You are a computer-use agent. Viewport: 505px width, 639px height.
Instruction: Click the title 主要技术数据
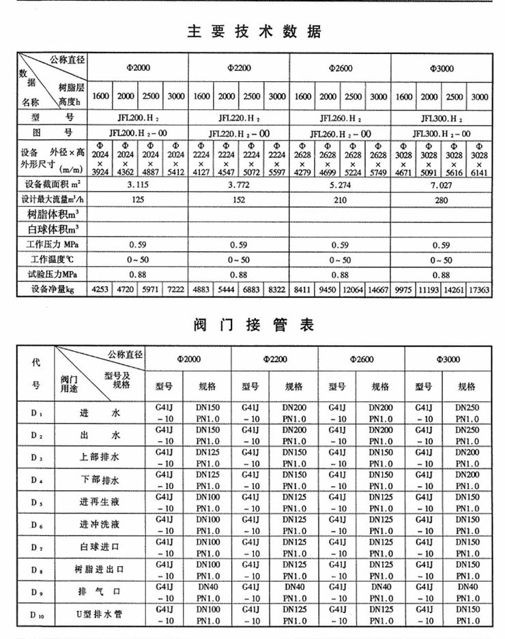tap(253, 32)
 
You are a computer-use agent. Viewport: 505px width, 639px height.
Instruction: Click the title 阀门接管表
tap(254, 325)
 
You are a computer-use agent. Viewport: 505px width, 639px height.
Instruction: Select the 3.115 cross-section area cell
tap(139, 185)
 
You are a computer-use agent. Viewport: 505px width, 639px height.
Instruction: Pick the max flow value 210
tap(340, 200)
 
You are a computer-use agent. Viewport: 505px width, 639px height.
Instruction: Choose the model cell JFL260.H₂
tap(340, 117)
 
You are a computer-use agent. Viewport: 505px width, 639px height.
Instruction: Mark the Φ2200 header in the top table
tap(238, 68)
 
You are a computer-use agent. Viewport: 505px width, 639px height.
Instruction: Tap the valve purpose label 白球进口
tap(100, 546)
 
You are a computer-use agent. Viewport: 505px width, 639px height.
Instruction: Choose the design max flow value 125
tap(139, 200)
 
